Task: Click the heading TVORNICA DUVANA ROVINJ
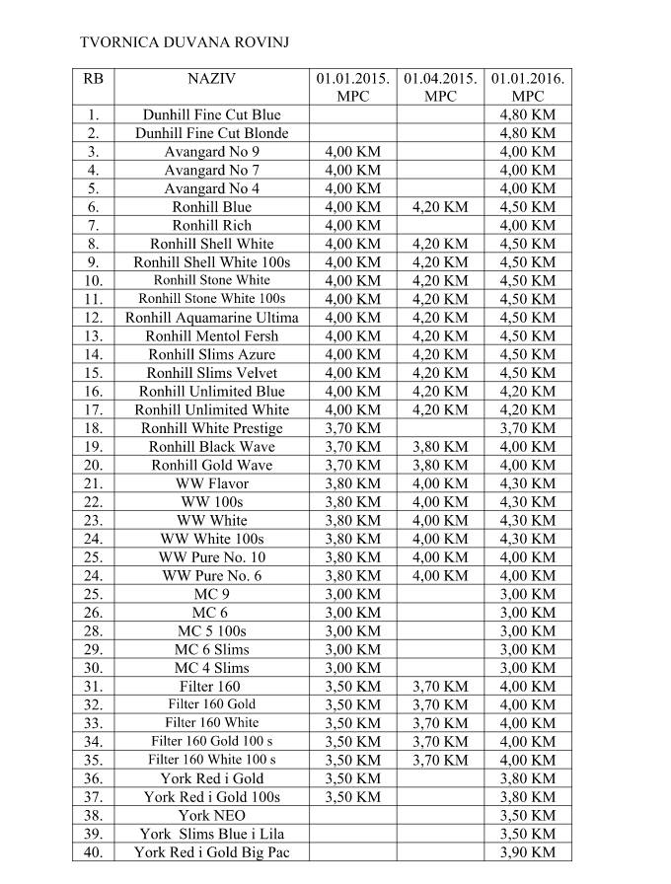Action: (x=184, y=42)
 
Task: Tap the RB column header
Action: (x=93, y=78)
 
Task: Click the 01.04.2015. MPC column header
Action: (x=440, y=87)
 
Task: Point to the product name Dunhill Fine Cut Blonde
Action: (x=211, y=133)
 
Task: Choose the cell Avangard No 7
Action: (x=211, y=170)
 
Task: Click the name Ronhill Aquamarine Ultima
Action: (x=211, y=318)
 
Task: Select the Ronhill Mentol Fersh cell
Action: (x=211, y=335)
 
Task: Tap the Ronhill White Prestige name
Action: (x=211, y=428)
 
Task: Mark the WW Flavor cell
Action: (x=211, y=483)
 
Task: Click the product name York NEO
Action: (x=211, y=816)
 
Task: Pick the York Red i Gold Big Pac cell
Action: (x=211, y=852)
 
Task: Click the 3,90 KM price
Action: (x=528, y=852)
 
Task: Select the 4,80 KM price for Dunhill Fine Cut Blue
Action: (x=528, y=114)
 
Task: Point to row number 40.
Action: (x=93, y=852)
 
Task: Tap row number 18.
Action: (x=93, y=428)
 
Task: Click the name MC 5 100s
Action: (x=211, y=630)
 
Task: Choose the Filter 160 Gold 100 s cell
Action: (x=211, y=741)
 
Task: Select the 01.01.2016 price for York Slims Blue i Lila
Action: (x=528, y=834)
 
